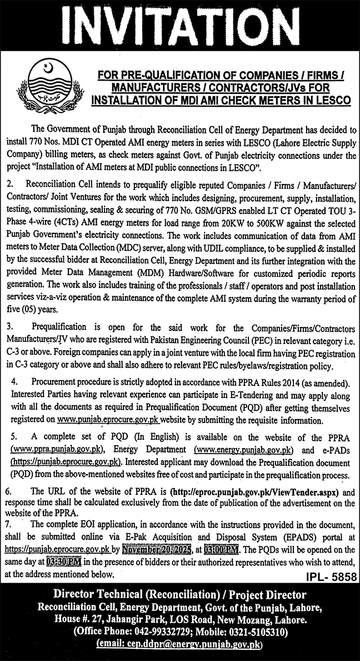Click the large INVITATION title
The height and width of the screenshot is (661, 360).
coord(179,25)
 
